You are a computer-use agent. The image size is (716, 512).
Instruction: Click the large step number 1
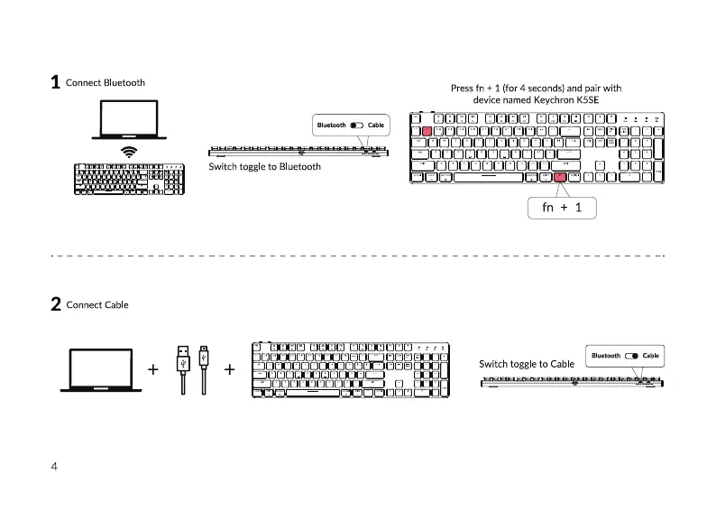55,83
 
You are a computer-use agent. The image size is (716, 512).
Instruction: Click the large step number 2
55,305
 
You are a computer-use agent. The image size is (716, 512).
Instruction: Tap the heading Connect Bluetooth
106,83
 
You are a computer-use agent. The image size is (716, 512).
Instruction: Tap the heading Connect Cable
97,305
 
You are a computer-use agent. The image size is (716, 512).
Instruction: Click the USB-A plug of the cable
183,358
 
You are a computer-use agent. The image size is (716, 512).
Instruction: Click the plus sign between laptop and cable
153,369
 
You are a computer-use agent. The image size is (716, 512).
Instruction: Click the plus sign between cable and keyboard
230,369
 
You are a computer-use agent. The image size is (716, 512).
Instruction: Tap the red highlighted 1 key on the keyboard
426,132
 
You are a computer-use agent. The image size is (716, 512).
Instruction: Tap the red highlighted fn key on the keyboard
560,177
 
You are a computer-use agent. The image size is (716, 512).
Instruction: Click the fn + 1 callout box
561,208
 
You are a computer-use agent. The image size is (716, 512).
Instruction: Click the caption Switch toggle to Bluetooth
264,167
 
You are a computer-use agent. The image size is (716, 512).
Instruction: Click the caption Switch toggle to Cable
527,365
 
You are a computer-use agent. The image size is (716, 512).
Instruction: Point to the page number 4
54,467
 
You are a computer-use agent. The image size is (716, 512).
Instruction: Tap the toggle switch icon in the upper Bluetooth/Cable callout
357,125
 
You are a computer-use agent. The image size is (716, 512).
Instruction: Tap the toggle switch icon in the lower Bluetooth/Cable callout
631,356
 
